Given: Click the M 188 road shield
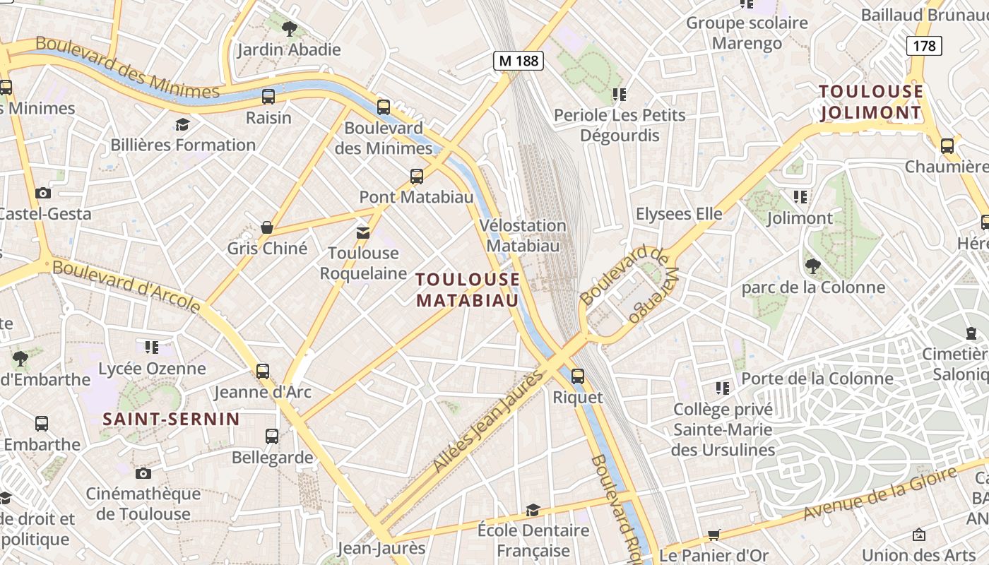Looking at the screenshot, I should (x=519, y=61).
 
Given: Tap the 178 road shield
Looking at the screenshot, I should (x=924, y=46).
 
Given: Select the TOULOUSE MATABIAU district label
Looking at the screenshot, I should (x=468, y=290).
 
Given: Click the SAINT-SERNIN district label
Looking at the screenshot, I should (x=172, y=419).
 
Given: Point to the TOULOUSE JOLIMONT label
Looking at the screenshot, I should (x=871, y=102).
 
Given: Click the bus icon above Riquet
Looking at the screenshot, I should (x=578, y=376).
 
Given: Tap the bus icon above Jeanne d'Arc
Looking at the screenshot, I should (x=263, y=371).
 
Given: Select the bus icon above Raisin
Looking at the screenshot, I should (x=268, y=97).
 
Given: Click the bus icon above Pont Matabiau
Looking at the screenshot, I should (x=417, y=177).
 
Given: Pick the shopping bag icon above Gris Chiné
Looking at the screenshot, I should (x=267, y=227).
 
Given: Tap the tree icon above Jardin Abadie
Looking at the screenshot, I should (x=289, y=28).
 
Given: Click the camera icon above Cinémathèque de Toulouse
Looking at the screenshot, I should (x=143, y=473).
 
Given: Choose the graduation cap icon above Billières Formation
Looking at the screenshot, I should (x=183, y=124).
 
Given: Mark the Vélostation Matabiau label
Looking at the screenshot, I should (x=523, y=236).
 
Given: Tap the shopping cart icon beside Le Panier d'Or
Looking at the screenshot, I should (x=714, y=535).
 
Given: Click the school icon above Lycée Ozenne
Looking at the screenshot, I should (x=152, y=347).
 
